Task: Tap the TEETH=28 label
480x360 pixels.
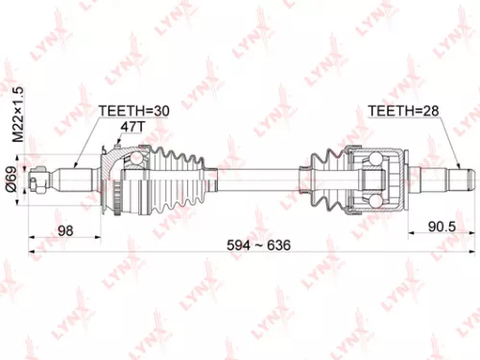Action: pyautogui.click(x=402, y=111)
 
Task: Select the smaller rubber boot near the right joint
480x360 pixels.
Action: pyautogui.click(x=326, y=177)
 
